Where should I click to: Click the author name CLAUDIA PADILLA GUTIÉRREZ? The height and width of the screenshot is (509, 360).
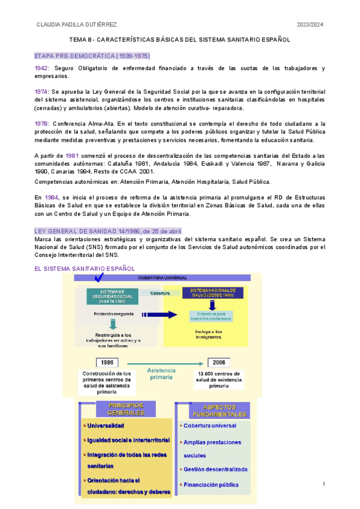click(76, 25)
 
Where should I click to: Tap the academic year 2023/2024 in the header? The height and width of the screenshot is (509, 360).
click(310, 25)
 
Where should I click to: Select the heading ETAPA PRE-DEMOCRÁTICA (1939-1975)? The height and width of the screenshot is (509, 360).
click(92, 56)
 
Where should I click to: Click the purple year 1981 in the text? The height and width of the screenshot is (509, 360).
click(72, 155)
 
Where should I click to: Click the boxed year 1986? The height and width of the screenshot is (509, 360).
click(107, 363)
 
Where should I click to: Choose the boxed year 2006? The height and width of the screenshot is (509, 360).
click(218, 363)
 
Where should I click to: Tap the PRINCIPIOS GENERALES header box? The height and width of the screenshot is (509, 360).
click(126, 409)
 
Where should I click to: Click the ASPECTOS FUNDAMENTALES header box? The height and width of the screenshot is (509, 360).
click(219, 411)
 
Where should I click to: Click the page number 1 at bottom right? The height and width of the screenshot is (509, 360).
click(323, 484)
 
